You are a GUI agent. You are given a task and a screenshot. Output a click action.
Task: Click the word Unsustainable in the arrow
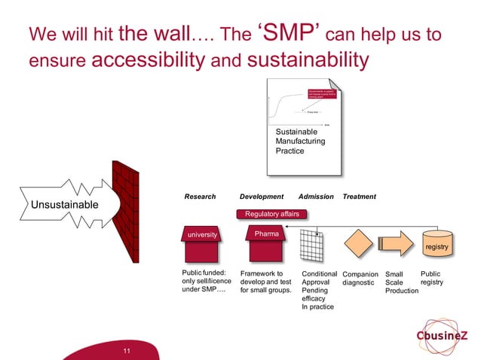64,205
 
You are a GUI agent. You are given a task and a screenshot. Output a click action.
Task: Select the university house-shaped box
202,233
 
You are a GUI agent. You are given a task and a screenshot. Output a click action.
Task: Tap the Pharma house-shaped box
266,233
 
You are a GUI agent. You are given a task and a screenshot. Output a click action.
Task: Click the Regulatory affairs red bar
272,214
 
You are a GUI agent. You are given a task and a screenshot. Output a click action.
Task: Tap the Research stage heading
201,197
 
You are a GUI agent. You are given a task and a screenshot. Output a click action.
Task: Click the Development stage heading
262,197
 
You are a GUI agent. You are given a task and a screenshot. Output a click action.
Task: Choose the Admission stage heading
316,197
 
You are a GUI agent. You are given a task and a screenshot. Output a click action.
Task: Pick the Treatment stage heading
359,197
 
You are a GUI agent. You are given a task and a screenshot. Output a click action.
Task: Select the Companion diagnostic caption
360,279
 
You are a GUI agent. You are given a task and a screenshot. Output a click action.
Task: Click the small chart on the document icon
300,105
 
